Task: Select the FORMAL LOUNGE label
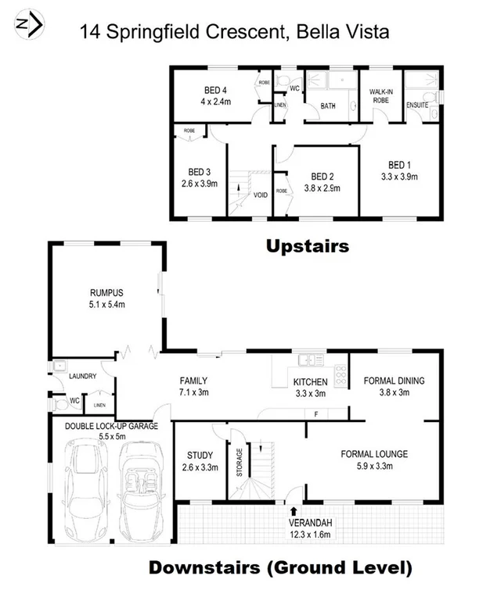[374, 453]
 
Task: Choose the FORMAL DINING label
[395, 381]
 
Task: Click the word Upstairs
[307, 247]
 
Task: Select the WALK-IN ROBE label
[380, 95]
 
